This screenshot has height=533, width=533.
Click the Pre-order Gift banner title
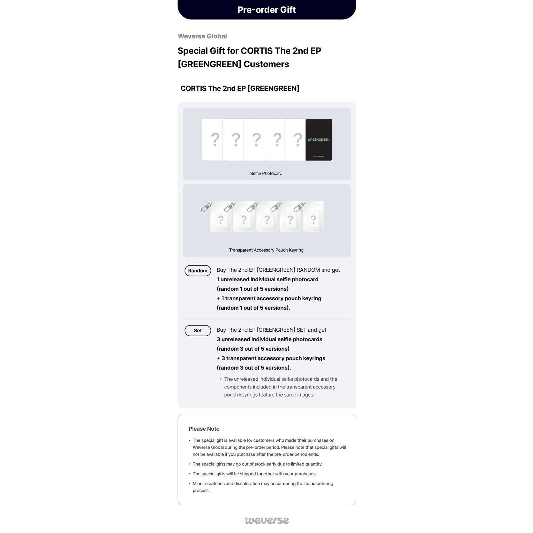(266, 10)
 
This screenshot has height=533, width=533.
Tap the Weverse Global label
(202, 36)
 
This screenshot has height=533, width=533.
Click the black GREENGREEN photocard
(318, 140)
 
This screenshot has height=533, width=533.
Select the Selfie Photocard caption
(266, 174)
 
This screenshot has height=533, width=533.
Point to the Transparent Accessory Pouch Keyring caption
(266, 250)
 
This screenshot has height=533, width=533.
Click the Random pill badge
(198, 271)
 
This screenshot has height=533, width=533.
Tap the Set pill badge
(198, 331)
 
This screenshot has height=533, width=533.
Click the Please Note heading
(204, 429)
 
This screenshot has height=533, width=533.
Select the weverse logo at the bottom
(267, 520)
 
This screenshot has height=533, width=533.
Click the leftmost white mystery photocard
(212, 140)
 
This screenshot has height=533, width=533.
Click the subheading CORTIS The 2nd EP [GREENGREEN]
(240, 88)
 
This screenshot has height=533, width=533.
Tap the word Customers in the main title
(266, 64)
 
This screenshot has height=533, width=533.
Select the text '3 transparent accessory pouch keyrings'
(273, 358)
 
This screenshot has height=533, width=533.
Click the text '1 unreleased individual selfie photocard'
(267, 279)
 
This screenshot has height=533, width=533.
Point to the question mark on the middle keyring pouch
(267, 220)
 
